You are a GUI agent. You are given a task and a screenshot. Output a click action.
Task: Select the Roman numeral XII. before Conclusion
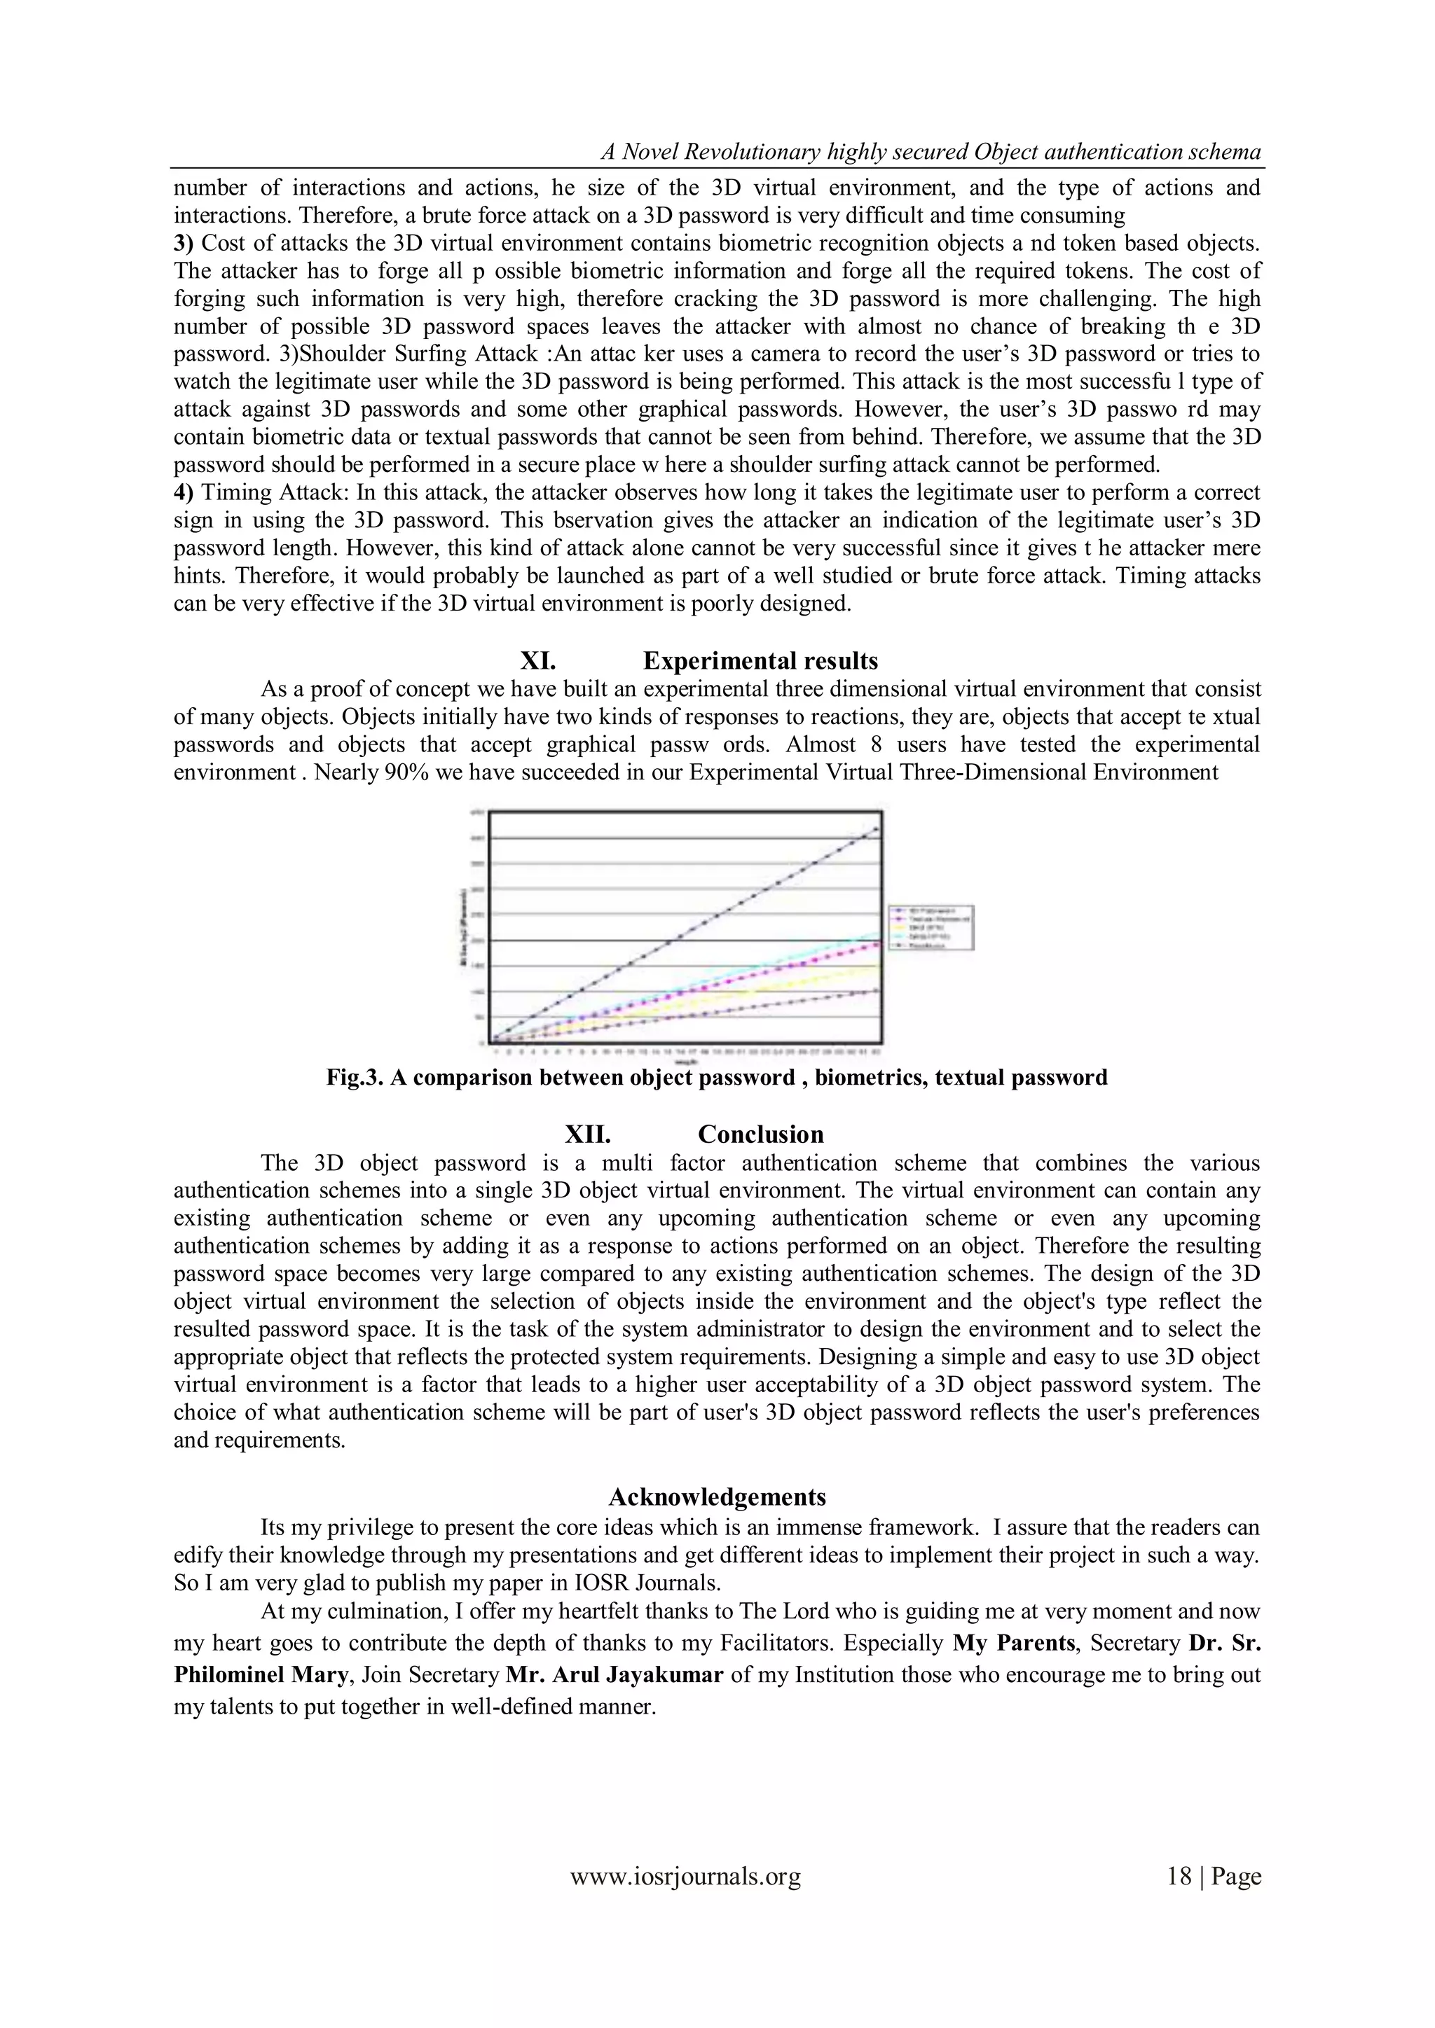coord(588,1134)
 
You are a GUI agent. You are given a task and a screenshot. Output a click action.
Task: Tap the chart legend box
coord(931,927)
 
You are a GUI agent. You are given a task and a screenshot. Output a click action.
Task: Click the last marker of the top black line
coord(876,828)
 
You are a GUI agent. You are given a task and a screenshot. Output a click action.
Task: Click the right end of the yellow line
coord(877,966)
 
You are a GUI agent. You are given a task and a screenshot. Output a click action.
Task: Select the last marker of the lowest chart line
coord(876,990)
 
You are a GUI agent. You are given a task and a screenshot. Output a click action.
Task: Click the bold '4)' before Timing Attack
coord(183,492)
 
